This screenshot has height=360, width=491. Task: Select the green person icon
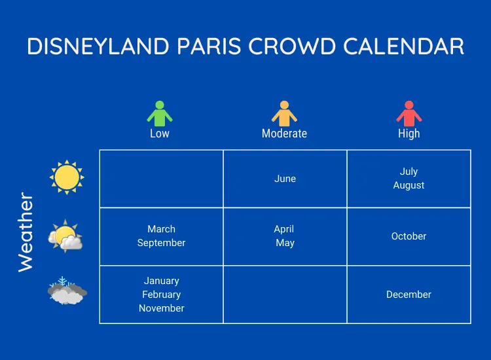tap(160, 114)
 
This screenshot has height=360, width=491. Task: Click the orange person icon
tap(284, 114)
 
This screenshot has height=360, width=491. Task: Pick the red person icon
tap(409, 114)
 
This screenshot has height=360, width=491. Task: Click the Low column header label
tap(160, 134)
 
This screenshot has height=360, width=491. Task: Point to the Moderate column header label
tap(284, 134)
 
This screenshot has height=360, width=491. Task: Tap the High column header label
tap(409, 134)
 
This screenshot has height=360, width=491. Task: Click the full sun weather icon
tap(67, 177)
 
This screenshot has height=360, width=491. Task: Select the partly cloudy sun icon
tap(66, 236)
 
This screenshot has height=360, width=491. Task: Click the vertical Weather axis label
tap(25, 232)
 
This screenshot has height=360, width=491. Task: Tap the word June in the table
tap(285, 179)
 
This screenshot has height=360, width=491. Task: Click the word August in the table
tap(409, 185)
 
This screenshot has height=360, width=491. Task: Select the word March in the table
tap(161, 229)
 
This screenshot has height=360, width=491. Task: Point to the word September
tap(161, 243)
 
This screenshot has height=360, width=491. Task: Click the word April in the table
tap(284, 229)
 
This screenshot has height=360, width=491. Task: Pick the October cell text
tap(409, 236)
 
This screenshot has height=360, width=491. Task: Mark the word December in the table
tap(409, 295)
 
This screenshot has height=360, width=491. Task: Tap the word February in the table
tap(161, 295)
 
